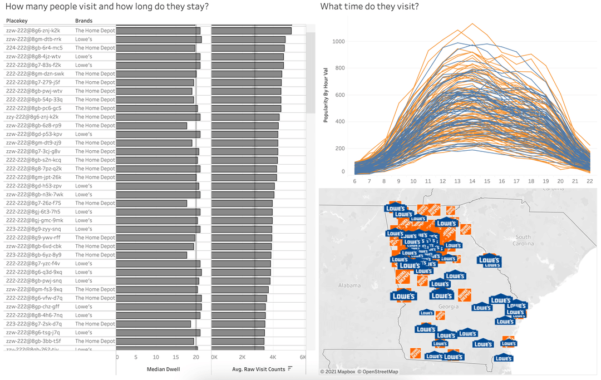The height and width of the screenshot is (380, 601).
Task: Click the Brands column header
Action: pyautogui.click(x=83, y=21)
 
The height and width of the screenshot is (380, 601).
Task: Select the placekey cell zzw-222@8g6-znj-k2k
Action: pyautogui.click(x=33, y=31)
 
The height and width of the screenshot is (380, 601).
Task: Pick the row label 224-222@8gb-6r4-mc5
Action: pyautogui.click(x=34, y=48)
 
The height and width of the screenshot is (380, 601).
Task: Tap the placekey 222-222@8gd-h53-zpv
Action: pyautogui.click(x=34, y=186)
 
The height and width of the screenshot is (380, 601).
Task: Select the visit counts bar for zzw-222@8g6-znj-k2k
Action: pyautogui.click(x=252, y=31)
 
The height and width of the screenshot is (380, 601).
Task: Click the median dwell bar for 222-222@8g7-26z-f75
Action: pyautogui.click(x=151, y=203)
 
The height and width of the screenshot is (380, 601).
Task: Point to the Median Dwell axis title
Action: pyautogui.click(x=163, y=369)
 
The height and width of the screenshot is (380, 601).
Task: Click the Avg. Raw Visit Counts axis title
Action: pyautogui.click(x=258, y=369)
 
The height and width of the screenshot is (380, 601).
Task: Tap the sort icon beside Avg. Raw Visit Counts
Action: pyautogui.click(x=290, y=369)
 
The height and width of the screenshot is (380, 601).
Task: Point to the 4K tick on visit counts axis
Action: pyautogui.click(x=273, y=357)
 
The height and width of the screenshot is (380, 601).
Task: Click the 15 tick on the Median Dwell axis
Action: pyautogui.click(x=176, y=357)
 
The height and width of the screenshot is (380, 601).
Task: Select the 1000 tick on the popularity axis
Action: pyautogui.click(x=339, y=42)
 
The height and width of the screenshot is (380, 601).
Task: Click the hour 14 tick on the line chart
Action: pyautogui.click(x=472, y=181)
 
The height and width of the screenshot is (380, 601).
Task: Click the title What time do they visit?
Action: pyautogui.click(x=370, y=7)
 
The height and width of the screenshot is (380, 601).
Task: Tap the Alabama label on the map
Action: pyautogui.click(x=349, y=285)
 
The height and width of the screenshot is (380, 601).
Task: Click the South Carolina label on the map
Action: pyautogui.click(x=523, y=240)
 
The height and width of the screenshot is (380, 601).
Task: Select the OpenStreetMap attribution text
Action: pyautogui.click(x=378, y=372)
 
